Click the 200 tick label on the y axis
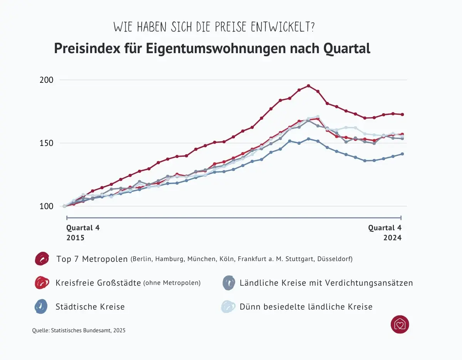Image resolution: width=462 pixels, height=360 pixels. coord(46,80)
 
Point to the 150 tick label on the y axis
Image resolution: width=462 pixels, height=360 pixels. coord(46,143)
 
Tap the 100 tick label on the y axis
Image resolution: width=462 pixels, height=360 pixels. coord(46,206)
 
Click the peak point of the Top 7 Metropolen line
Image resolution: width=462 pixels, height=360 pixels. coord(308,86)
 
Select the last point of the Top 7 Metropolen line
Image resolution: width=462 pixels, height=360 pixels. coord(402,114)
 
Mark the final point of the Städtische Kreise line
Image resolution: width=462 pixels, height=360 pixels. coord(402,154)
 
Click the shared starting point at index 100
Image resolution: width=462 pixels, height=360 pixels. coord(64,206)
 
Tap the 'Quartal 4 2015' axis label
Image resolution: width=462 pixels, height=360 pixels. coord(83,233)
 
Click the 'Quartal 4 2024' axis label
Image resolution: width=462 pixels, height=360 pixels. coord(385,233)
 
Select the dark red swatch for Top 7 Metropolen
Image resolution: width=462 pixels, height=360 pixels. coord(42,259)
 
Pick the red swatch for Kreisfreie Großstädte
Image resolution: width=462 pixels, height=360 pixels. coord(42,283)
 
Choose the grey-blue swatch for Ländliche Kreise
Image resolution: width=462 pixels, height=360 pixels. coord(229,283)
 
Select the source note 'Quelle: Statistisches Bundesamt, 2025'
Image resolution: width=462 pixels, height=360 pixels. coord(79,330)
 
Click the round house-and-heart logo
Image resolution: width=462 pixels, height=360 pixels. coord(400,324)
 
